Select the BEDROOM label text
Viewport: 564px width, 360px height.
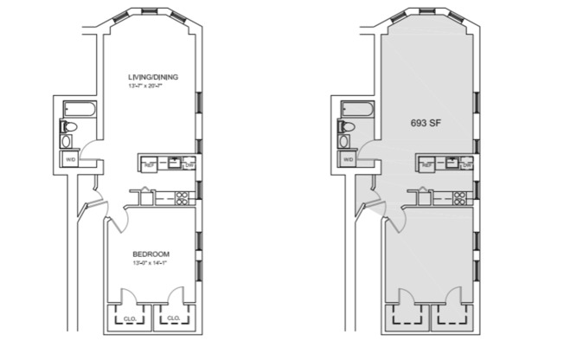coord(150,254)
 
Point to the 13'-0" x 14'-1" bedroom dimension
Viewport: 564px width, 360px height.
coord(150,262)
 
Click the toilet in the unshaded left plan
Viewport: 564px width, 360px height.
coord(70,127)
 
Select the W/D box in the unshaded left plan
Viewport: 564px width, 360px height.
coord(69,159)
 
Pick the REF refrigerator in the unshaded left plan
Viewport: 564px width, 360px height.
coord(149,164)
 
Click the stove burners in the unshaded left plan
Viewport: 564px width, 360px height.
coord(183,196)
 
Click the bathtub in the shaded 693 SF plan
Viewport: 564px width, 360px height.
coord(356,110)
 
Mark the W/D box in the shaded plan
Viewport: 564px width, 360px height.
coord(349,159)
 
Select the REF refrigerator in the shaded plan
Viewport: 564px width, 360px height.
coord(428,164)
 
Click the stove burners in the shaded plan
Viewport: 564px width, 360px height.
coord(462,196)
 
